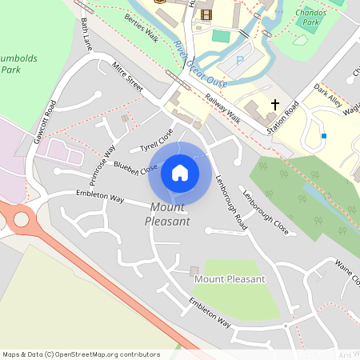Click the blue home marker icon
[180, 172]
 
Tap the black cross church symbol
[275, 105]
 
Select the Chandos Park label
[310, 17]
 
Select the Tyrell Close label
[156, 139]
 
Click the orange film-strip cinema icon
[206, 14]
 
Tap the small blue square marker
[324, 136]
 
